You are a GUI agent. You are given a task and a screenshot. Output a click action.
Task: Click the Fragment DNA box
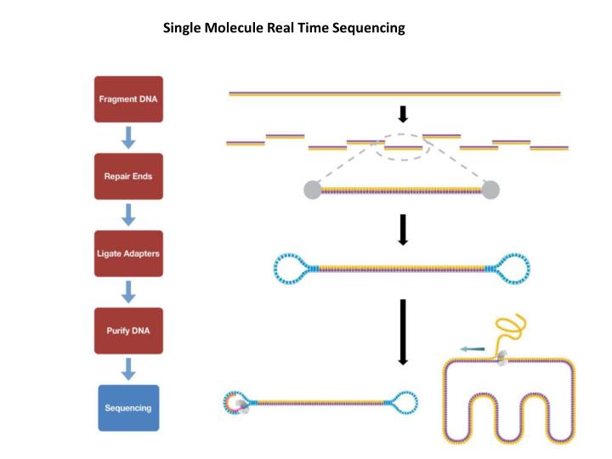click(x=128, y=99)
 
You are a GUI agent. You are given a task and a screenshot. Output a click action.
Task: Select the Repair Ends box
click(x=128, y=176)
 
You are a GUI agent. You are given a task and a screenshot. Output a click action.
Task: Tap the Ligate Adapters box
click(x=128, y=253)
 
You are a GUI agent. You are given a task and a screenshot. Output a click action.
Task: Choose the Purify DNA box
click(x=128, y=330)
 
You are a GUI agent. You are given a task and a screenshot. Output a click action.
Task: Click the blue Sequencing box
click(x=128, y=408)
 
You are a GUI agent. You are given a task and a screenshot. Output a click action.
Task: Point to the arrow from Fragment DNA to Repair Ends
click(x=128, y=138)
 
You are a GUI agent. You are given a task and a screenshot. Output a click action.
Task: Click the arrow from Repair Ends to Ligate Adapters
click(x=128, y=214)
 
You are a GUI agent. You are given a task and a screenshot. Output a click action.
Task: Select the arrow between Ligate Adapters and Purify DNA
click(x=128, y=292)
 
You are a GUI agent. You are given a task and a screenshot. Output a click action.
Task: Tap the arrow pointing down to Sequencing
click(x=128, y=369)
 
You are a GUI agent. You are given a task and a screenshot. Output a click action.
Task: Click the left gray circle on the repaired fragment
click(x=313, y=190)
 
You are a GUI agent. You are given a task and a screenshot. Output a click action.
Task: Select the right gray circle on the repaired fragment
click(x=490, y=190)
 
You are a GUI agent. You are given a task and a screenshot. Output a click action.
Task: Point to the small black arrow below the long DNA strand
click(x=404, y=114)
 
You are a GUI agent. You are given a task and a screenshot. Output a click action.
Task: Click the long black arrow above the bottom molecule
click(x=404, y=331)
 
